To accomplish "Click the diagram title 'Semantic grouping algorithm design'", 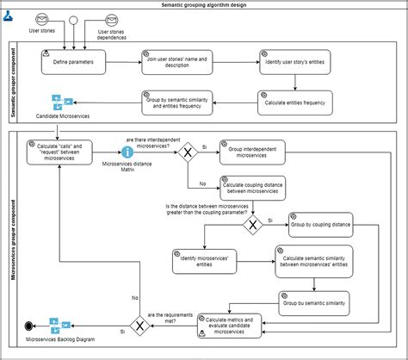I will [x=203, y=4].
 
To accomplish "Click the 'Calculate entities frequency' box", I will [x=294, y=102].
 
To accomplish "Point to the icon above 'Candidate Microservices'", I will [x=61, y=102].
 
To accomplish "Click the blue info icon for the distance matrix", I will [x=127, y=152].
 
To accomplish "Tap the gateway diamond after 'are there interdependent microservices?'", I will [x=187, y=152].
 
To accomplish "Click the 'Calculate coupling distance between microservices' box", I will [x=252, y=188].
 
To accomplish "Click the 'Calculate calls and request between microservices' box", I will [x=59, y=152].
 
